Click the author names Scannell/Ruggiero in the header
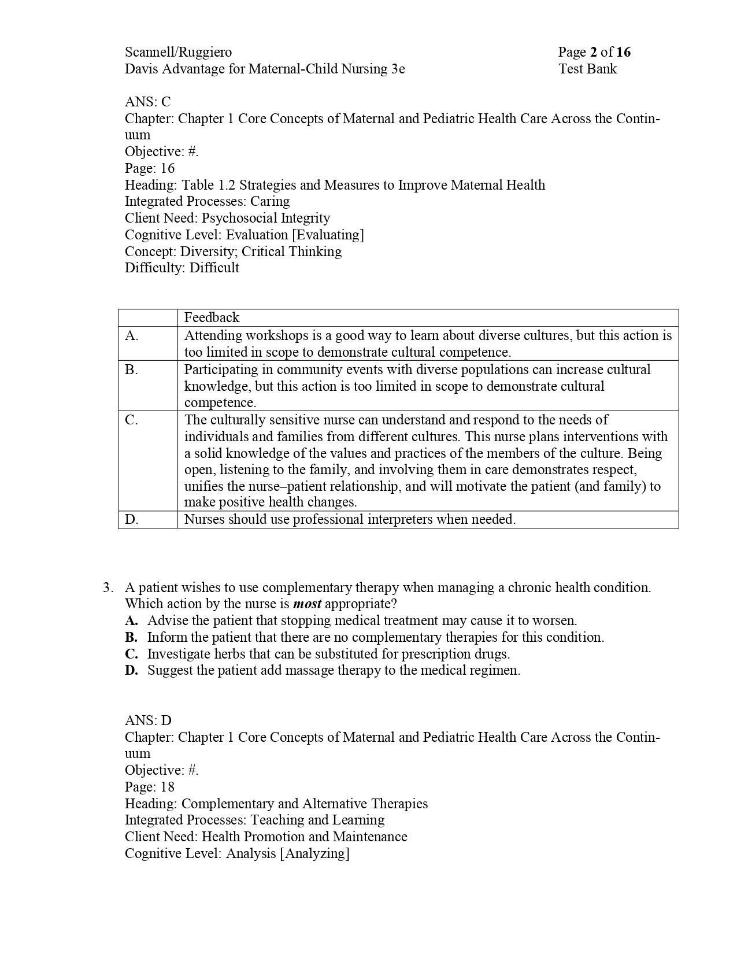coord(178,52)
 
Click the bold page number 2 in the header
coord(593,52)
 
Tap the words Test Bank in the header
coord(587,69)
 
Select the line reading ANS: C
coord(147,102)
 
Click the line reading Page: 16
coord(149,168)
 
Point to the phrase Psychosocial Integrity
coord(265,218)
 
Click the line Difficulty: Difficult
coord(182,268)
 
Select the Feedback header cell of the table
coord(212,317)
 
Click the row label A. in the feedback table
coord(132,335)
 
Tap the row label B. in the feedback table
coord(132,369)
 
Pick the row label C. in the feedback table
coord(132,420)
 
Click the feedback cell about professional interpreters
coord(350,519)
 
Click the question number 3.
coord(108,587)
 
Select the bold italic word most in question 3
coord(307,604)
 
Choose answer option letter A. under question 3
coord(131,621)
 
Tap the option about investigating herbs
coord(328,654)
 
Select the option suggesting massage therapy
coord(334,671)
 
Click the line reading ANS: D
coord(148,720)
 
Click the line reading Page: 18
coord(149,787)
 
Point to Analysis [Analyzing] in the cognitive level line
coord(287,853)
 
